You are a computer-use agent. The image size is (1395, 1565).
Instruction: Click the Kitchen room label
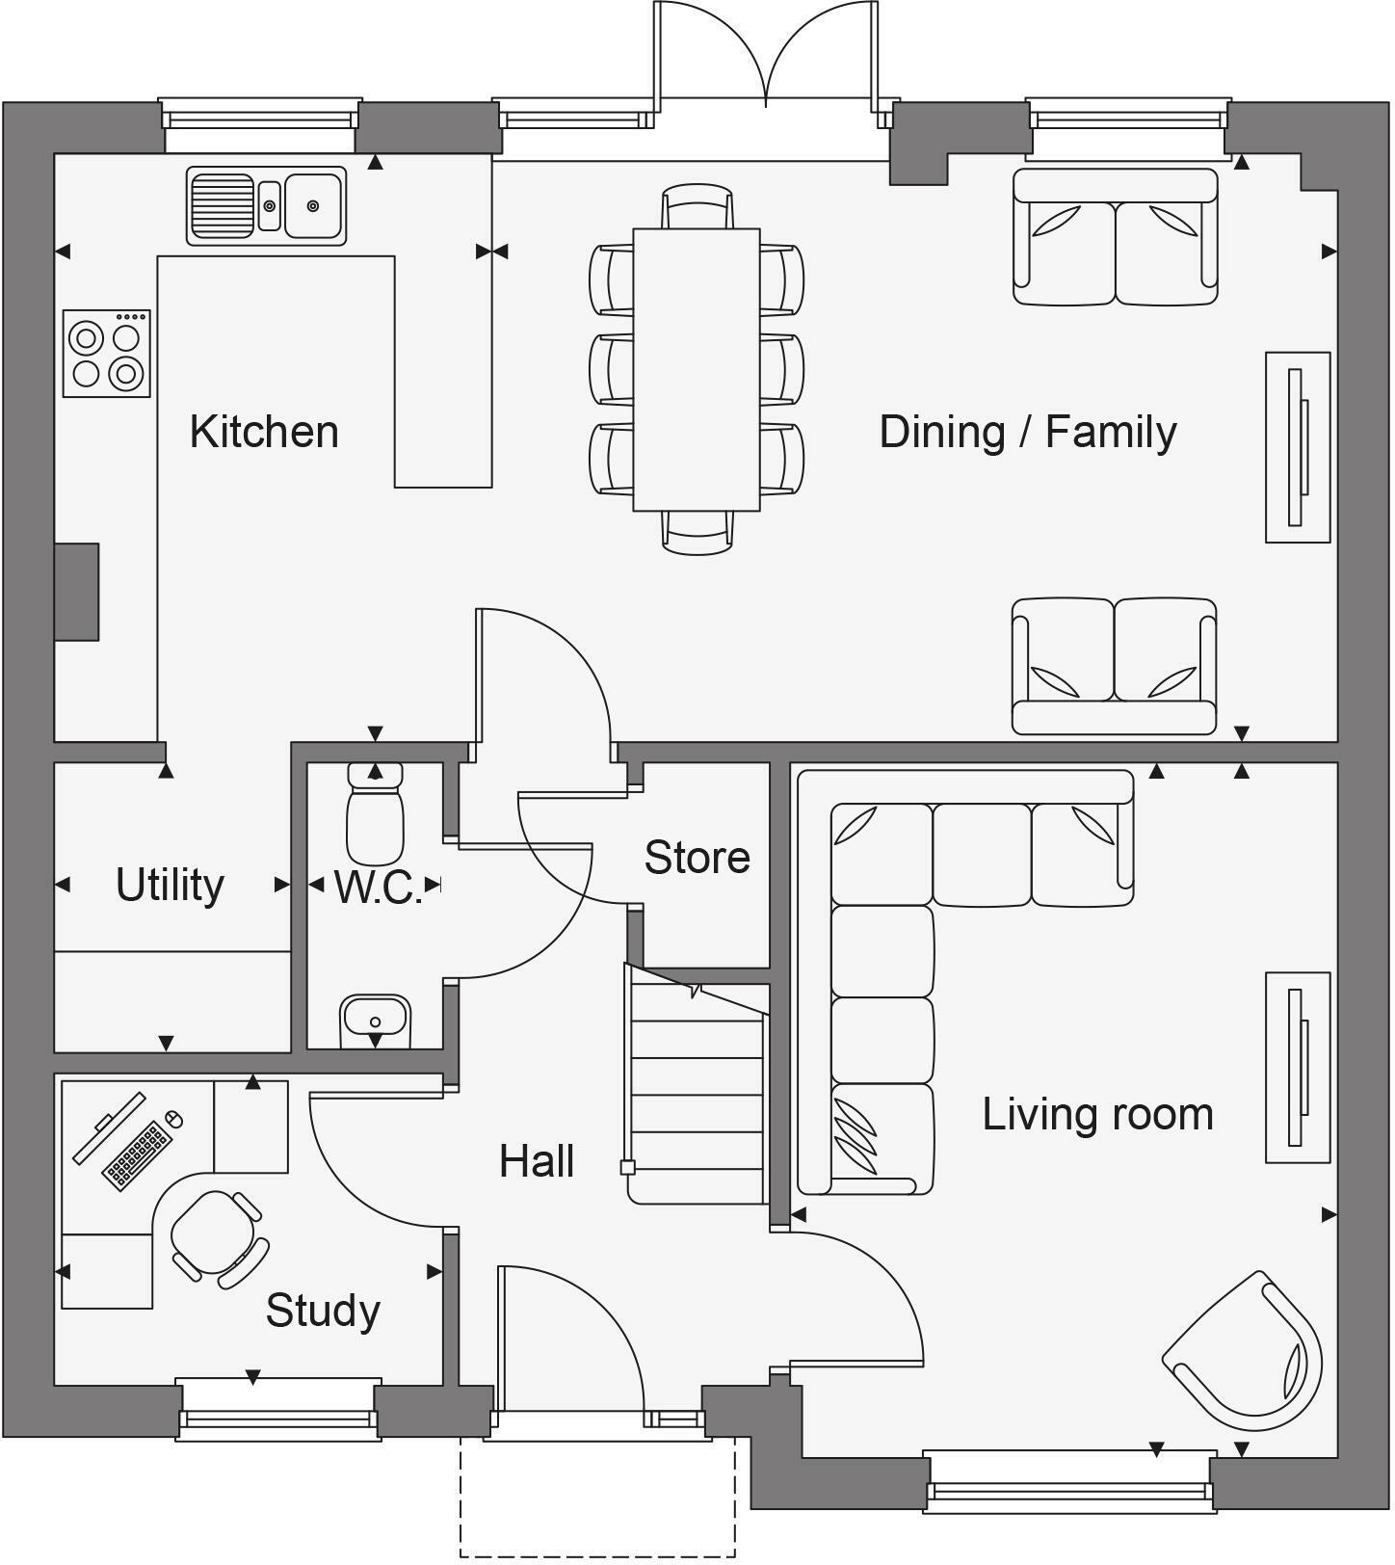click(264, 432)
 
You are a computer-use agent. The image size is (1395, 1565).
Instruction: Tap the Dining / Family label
click(1027, 432)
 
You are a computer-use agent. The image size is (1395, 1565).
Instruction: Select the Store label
click(697, 857)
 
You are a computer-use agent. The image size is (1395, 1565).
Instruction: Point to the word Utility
click(170, 885)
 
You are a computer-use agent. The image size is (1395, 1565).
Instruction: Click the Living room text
click(1097, 1114)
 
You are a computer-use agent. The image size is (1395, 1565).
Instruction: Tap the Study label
click(323, 1311)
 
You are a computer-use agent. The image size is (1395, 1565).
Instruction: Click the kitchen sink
click(266, 205)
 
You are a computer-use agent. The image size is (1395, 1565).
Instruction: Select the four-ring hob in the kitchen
click(106, 354)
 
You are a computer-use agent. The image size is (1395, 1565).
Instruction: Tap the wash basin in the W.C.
click(375, 1020)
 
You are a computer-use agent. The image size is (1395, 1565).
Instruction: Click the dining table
click(696, 369)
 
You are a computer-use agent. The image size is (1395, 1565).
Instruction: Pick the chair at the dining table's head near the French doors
click(697, 207)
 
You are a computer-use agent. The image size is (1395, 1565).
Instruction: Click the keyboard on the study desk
click(137, 1154)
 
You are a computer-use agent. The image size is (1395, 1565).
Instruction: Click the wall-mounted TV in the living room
click(1297, 1068)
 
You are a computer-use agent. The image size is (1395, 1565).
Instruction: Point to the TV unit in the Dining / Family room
click(1297, 447)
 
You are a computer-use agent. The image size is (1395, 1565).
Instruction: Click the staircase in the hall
click(696, 1089)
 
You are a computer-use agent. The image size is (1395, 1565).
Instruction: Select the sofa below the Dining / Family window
click(1115, 237)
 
